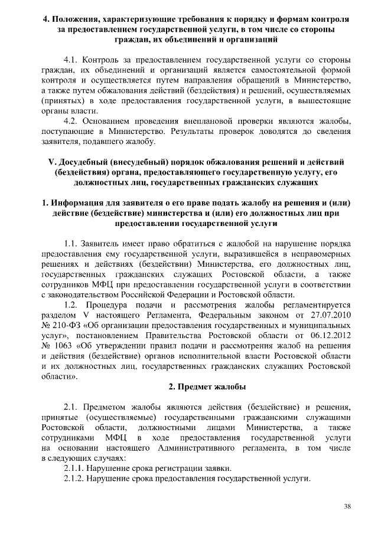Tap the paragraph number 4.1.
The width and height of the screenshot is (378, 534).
(71, 60)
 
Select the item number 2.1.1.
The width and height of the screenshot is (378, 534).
(75, 468)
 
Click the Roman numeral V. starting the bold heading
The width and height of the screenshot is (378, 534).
(51, 162)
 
